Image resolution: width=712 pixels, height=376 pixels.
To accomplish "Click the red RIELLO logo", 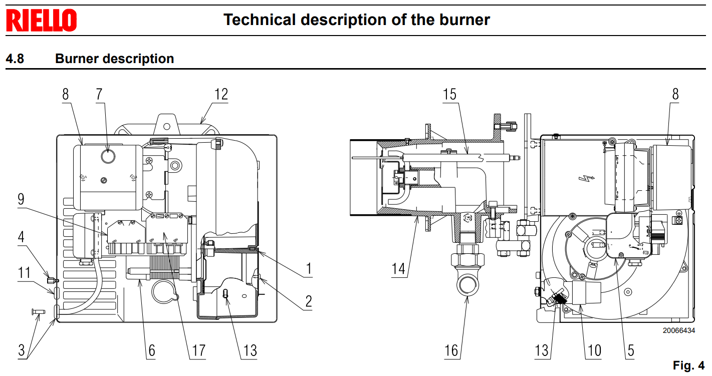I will click(41, 20).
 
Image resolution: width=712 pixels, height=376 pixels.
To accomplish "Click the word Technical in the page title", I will click(260, 20).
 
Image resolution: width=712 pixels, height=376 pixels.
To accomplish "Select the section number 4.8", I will click(15, 59).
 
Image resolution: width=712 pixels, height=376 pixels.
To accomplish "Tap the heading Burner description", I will click(114, 59).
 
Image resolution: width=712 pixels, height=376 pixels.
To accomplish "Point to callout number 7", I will click(99, 94).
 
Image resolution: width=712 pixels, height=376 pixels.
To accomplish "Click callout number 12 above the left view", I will click(221, 94).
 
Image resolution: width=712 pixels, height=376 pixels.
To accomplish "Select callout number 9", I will click(21, 199).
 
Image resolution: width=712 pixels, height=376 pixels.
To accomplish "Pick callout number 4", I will click(21, 236).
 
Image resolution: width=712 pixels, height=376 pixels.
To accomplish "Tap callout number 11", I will click(24, 273).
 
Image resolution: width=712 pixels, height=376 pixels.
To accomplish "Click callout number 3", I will click(21, 350).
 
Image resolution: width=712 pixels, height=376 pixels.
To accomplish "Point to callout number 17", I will click(199, 350).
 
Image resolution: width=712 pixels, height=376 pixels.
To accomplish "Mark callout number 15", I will click(450, 94).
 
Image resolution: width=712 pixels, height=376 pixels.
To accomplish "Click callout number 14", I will click(398, 269).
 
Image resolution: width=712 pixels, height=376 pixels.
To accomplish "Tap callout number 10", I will click(594, 350).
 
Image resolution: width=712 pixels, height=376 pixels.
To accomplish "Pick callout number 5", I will click(630, 350).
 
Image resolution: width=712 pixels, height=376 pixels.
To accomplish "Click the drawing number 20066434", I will click(678, 330).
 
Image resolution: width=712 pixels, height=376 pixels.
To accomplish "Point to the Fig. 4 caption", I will click(689, 365).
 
